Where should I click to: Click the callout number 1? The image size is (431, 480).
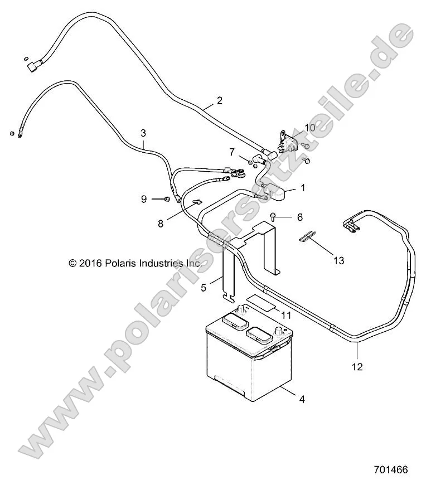point(303,188)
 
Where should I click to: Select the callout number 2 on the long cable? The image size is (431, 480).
point(219,101)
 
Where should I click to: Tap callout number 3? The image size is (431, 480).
point(143,133)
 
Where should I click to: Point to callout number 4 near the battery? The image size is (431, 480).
point(302,399)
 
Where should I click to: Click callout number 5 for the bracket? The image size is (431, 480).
point(204,288)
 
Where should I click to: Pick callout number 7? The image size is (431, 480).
point(232,152)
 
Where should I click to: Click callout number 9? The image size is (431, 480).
point(143,199)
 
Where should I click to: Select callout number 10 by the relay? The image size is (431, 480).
point(309,128)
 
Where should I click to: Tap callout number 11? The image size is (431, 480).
point(286,315)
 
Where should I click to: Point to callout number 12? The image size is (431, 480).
point(357,367)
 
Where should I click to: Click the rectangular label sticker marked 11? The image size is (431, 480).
point(260,301)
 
